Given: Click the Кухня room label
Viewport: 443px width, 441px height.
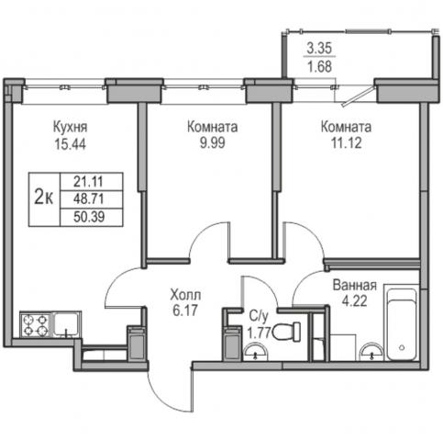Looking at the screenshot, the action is [71, 127].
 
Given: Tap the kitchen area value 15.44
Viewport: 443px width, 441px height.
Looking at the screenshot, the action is [71, 143].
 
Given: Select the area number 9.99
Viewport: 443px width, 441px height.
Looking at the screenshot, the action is [213, 142].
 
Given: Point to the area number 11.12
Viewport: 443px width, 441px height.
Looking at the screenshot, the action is [347, 142].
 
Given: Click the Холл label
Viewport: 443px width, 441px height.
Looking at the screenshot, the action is [185, 295].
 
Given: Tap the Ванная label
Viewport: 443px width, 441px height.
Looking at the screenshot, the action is [355, 285].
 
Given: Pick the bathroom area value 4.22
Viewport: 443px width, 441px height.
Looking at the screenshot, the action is [354, 301].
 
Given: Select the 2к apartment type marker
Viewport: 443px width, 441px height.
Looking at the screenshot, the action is [44, 197].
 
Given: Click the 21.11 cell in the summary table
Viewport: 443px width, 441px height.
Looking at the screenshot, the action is [88, 182].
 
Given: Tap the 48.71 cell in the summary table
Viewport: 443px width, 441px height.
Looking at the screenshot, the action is [89, 199].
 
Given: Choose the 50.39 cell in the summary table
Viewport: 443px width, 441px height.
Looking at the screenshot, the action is [89, 217].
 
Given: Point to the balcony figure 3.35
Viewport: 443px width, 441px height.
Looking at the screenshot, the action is [319, 49].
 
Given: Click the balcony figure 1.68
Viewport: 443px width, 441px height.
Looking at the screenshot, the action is [320, 66].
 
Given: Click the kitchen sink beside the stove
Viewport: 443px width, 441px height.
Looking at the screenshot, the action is [66, 324].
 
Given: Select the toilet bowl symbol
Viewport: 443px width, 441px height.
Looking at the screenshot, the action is [286, 331].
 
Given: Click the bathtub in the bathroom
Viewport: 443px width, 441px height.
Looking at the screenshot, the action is [402, 324].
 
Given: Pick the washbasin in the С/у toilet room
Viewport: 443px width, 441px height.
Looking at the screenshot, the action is [256, 352].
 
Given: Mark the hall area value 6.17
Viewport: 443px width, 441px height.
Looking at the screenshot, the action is [185, 311].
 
